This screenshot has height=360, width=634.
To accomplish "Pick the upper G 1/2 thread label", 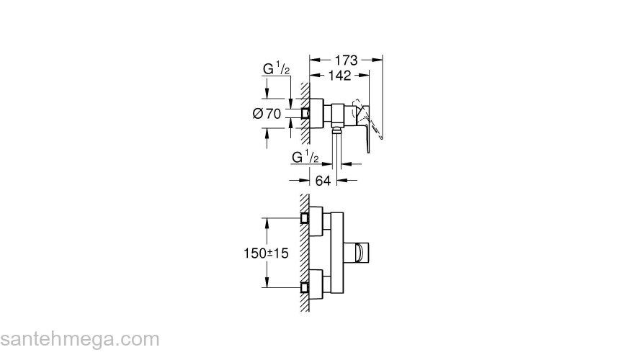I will click(x=275, y=70).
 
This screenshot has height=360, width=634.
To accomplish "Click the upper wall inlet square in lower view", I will click(x=305, y=217).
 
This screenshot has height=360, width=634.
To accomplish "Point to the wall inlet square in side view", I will click(x=305, y=113).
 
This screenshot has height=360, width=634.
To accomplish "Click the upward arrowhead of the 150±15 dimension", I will click(x=268, y=222).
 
